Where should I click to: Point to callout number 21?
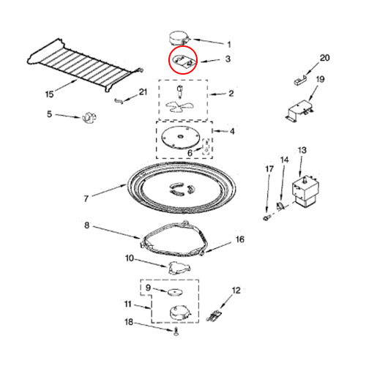point(143,91)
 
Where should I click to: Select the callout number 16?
point(239,239)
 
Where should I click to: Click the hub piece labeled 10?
point(179,265)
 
